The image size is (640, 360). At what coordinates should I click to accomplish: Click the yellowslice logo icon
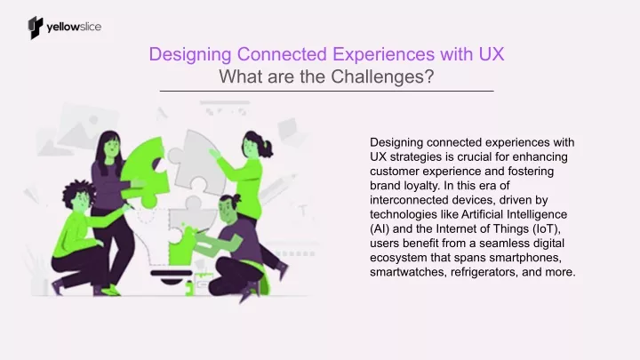coord(36,28)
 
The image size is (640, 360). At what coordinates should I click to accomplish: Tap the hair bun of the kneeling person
coord(236,199)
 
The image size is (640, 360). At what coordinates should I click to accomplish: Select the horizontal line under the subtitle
coord(326,91)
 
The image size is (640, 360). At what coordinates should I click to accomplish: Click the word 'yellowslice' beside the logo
coord(74,28)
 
